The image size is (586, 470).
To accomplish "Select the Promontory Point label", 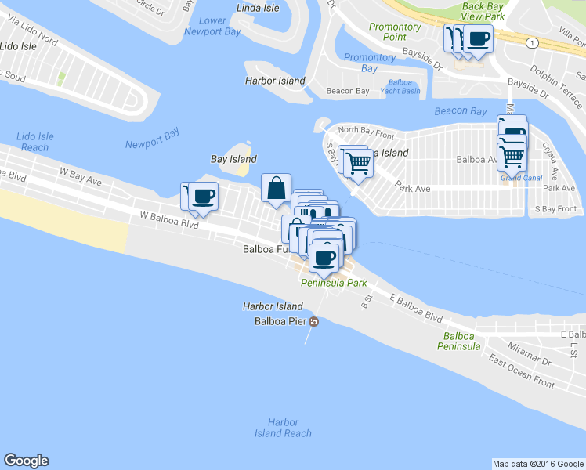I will [395, 31].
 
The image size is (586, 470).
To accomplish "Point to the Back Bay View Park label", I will [483, 11].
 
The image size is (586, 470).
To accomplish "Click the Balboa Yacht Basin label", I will [404, 86].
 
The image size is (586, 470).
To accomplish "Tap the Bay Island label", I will [233, 159].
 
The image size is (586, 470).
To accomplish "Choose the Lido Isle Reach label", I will [35, 142].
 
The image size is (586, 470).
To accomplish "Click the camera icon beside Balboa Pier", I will [314, 321].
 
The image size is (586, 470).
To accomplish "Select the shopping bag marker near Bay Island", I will [277, 188].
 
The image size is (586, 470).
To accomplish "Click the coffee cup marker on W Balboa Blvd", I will [204, 196].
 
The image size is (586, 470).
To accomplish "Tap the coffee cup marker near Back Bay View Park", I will [478, 38].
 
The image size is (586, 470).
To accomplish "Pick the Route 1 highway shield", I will [532, 42].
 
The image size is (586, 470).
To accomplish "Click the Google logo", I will [26, 461].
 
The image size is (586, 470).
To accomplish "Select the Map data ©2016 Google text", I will [537, 464].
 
